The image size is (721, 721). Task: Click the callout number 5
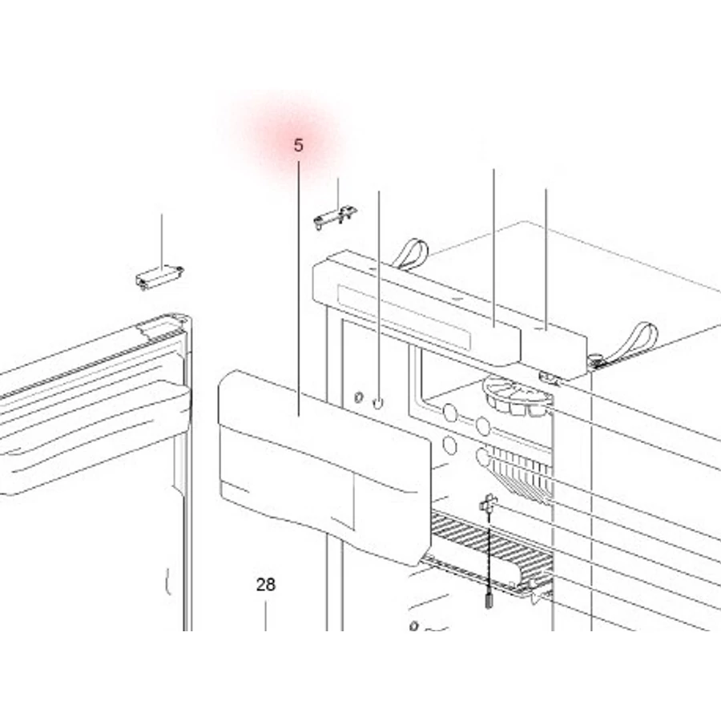(x=299, y=145)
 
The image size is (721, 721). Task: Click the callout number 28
(x=266, y=585)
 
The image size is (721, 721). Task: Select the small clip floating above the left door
(x=159, y=277)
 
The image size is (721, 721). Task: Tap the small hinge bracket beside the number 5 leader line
(x=336, y=217)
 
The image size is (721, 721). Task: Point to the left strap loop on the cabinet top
(x=412, y=253)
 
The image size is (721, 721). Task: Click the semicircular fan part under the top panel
(x=518, y=397)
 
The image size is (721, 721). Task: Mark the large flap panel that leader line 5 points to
(x=324, y=467)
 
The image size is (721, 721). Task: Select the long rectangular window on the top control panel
(x=404, y=316)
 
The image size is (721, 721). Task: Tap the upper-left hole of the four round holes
(x=449, y=413)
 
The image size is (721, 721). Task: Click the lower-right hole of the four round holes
(x=483, y=457)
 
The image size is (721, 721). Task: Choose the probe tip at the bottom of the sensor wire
(x=489, y=601)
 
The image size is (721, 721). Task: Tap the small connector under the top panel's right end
(x=549, y=378)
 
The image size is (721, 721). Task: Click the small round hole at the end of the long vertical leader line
(x=377, y=404)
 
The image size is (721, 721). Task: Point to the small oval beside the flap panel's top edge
(x=359, y=397)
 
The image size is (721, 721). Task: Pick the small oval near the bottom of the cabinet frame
(x=414, y=626)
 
